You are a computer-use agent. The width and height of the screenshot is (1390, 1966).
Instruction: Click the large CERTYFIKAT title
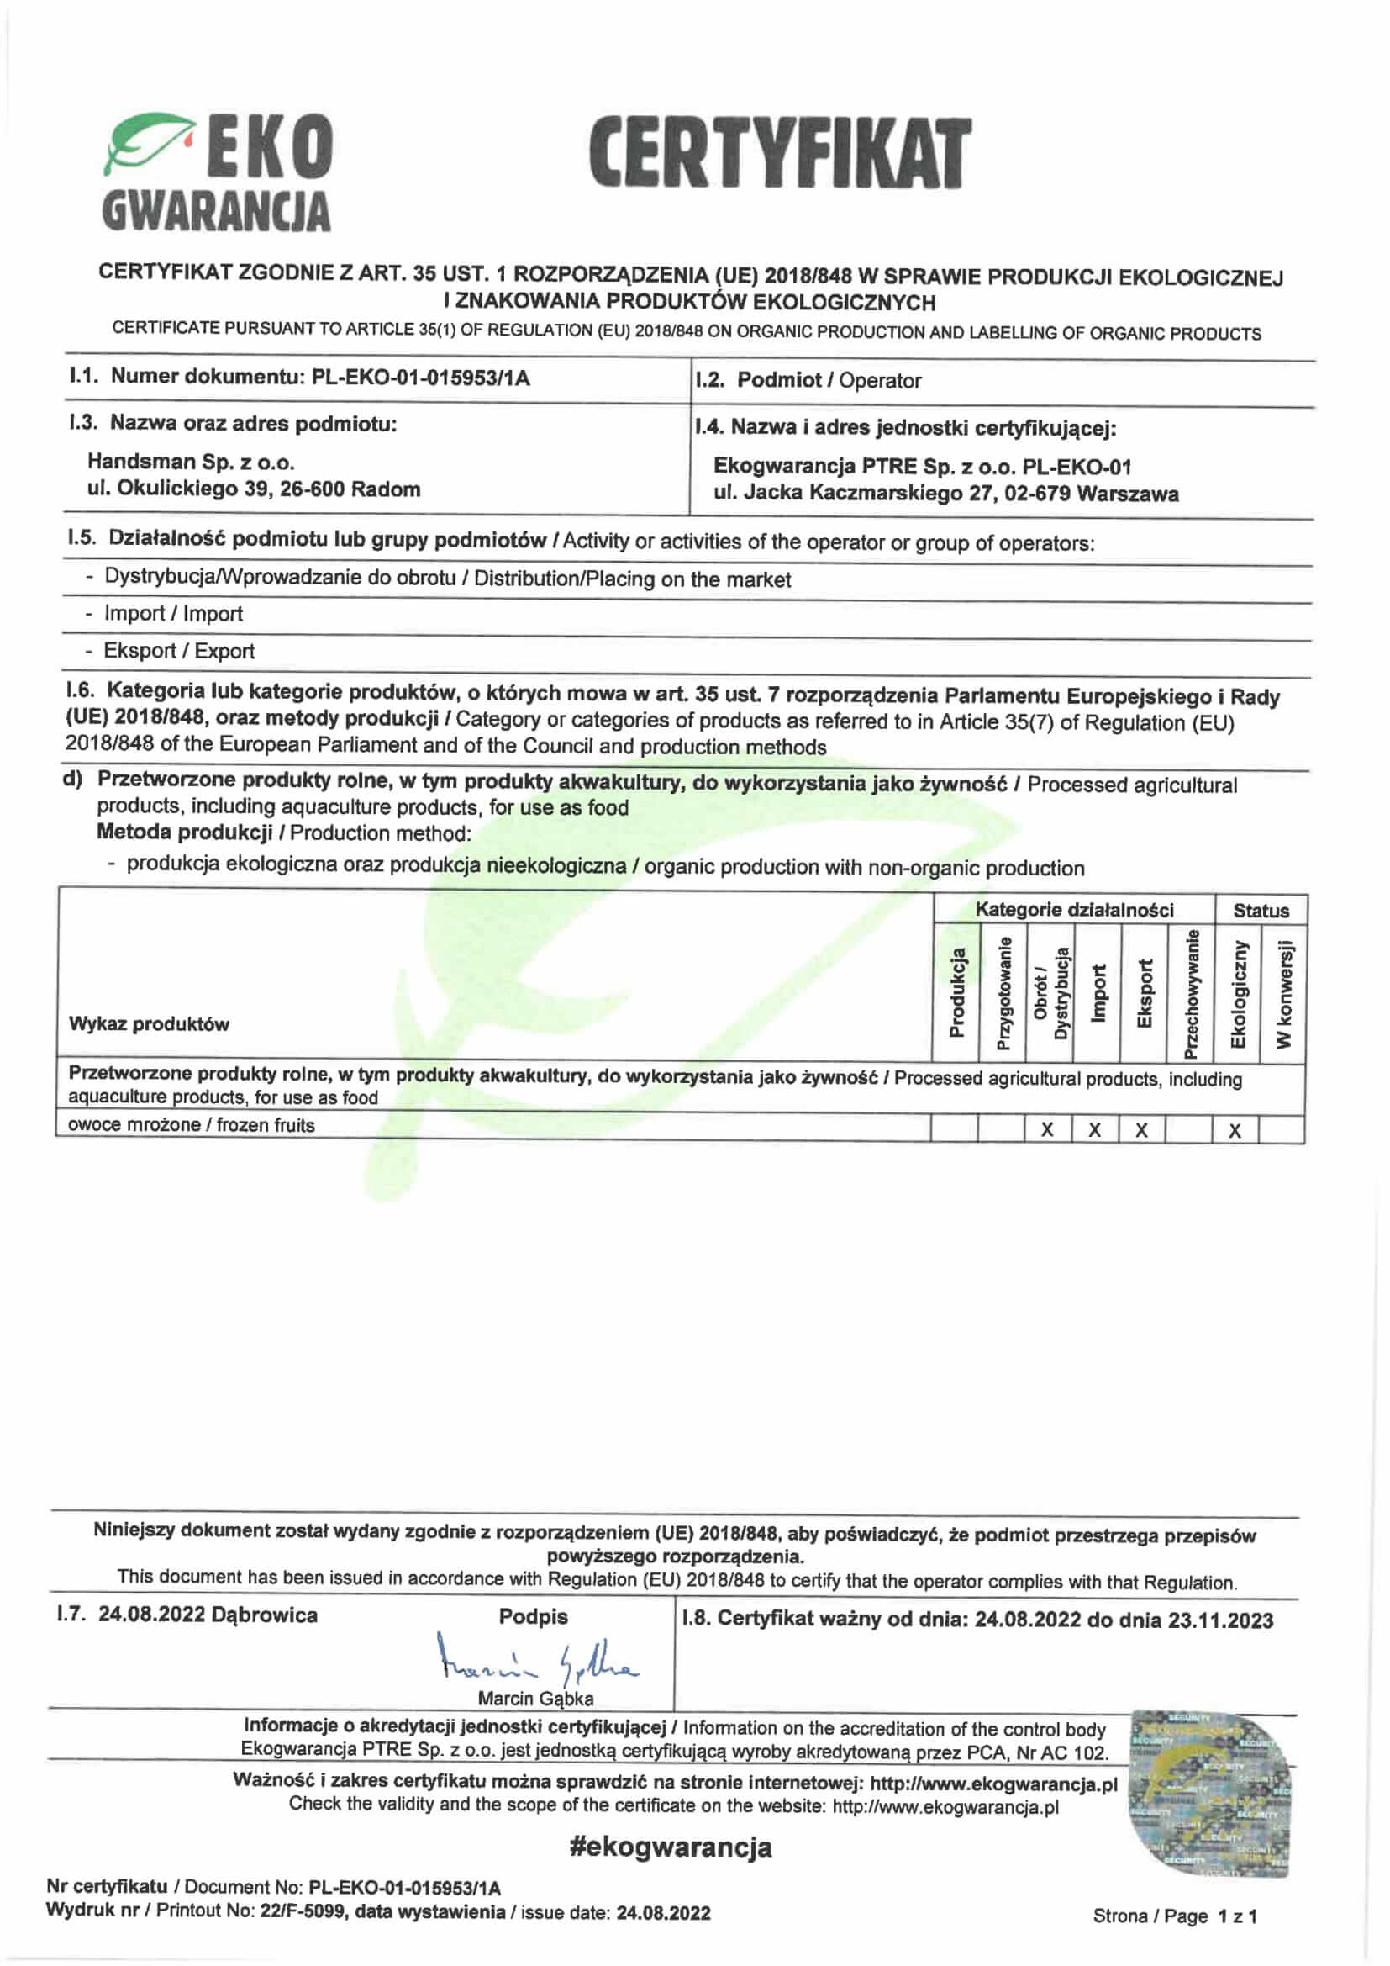point(780,153)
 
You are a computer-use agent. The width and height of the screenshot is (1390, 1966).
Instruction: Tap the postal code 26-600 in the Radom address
point(311,489)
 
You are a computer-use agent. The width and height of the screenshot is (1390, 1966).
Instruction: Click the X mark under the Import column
point(1095,1130)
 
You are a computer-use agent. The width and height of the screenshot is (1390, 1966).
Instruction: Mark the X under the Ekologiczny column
point(1235,1131)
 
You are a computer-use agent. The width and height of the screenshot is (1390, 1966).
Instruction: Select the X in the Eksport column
point(1142,1130)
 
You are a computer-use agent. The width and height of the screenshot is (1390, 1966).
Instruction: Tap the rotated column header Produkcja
point(957,992)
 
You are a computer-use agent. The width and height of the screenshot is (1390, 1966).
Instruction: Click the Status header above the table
point(1261,910)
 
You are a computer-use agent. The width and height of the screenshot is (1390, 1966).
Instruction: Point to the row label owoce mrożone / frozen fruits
point(191,1125)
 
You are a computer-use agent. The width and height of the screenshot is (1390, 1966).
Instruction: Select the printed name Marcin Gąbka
point(536,1699)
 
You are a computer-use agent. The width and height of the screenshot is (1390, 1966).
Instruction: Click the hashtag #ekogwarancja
point(670,1847)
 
